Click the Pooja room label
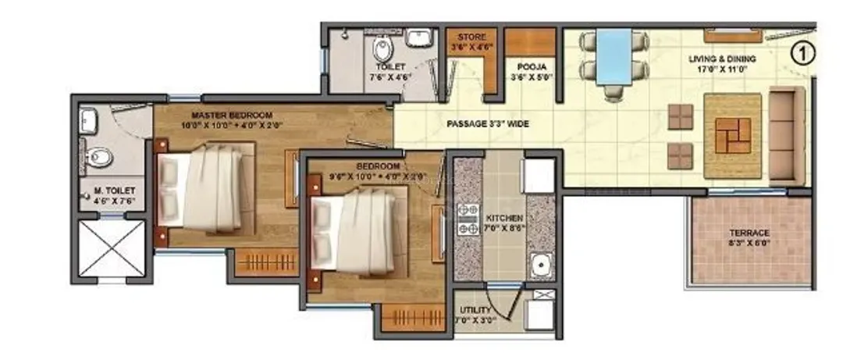[522, 73]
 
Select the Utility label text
[475, 314]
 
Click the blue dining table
[614, 57]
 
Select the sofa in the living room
[787, 136]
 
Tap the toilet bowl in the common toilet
[382, 52]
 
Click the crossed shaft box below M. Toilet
[112, 248]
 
